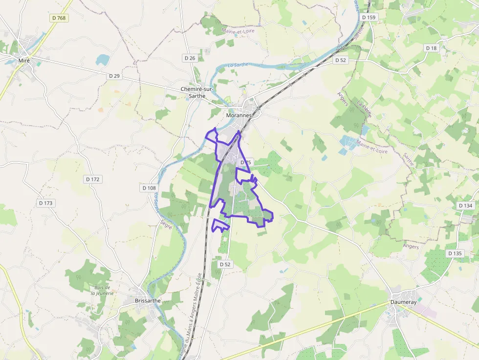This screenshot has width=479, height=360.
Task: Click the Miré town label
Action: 24,60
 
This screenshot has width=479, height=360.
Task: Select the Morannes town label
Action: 239,115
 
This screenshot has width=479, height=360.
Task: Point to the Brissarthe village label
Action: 147,301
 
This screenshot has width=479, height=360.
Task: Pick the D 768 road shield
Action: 59,18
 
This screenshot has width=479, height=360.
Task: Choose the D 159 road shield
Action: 369,17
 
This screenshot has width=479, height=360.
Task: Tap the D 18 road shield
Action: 431,48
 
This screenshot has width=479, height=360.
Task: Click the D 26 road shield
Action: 190,58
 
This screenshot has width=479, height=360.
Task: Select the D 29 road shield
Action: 114,76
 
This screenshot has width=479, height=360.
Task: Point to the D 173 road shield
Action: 45,203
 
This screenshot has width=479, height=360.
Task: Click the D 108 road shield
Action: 149,188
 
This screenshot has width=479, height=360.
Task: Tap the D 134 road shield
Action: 466,206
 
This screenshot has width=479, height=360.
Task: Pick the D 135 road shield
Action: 455,253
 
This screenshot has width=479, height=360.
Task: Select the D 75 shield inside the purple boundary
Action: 245,162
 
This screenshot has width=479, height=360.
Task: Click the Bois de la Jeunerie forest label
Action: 102,290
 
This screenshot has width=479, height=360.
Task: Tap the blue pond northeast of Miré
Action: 103,60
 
